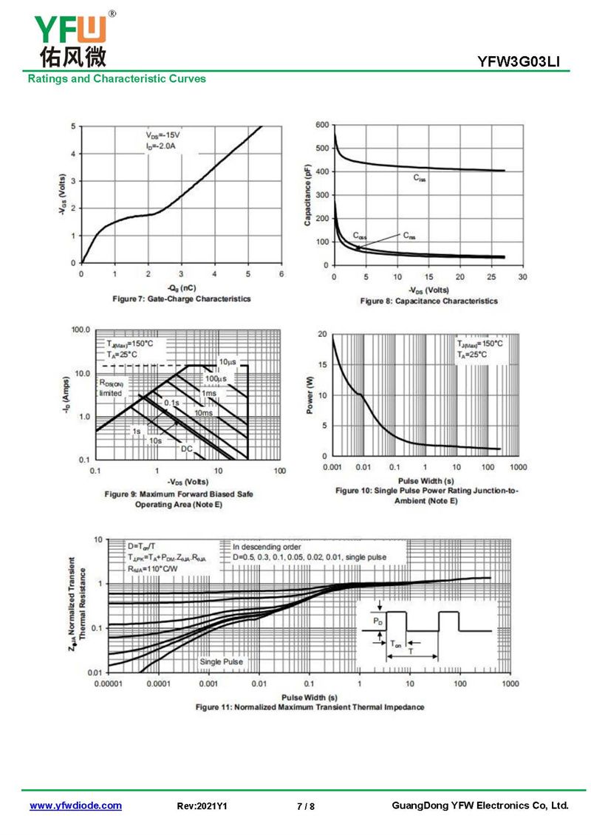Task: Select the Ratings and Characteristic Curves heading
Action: (x=117, y=78)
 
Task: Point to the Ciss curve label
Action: (x=419, y=178)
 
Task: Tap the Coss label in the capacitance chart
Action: (x=359, y=236)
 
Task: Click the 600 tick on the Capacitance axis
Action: (x=321, y=126)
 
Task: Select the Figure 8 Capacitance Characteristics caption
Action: (x=428, y=301)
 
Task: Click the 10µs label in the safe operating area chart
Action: (x=227, y=362)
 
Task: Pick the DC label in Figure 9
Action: (x=187, y=449)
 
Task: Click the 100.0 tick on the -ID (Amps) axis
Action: (x=78, y=330)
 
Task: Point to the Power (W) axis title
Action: (x=310, y=395)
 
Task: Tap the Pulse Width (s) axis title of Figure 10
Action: (x=426, y=481)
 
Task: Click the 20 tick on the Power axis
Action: (x=322, y=334)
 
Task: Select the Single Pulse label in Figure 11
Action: (x=221, y=661)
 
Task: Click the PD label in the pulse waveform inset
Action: (x=378, y=622)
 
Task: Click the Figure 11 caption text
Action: (x=310, y=707)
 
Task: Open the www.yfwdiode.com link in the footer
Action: (x=75, y=805)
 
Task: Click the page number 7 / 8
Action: (x=306, y=806)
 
